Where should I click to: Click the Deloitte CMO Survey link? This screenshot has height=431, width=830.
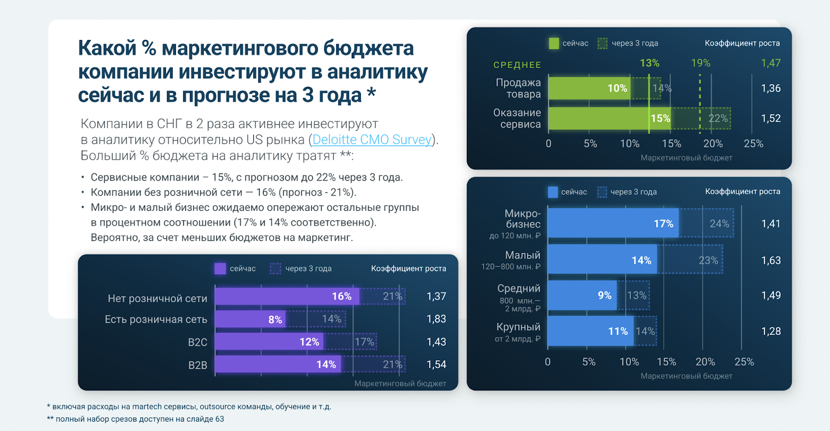pyautogui.click(x=372, y=140)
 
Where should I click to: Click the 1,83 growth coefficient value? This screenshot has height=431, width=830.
pyautogui.click(x=436, y=319)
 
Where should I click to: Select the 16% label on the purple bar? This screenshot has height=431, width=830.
pyautogui.click(x=341, y=297)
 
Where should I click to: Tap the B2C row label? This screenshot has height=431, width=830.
pyautogui.click(x=197, y=342)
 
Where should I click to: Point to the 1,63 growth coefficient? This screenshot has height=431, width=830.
pyautogui.click(x=771, y=260)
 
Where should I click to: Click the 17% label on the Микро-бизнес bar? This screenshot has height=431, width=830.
pyautogui.click(x=663, y=224)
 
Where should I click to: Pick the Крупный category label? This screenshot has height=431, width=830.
pyautogui.click(x=518, y=327)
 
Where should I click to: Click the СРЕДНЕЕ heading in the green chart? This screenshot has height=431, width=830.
pyautogui.click(x=517, y=65)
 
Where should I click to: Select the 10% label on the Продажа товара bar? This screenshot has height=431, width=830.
pyautogui.click(x=617, y=88)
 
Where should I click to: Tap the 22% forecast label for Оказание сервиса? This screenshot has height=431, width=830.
pyautogui.click(x=718, y=118)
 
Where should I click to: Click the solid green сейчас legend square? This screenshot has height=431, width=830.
pyautogui.click(x=554, y=43)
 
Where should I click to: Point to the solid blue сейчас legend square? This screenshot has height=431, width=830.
pyautogui.click(x=552, y=192)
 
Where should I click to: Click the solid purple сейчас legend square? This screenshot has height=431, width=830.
pyautogui.click(x=220, y=268)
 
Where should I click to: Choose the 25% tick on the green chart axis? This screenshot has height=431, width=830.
pyautogui.click(x=753, y=144)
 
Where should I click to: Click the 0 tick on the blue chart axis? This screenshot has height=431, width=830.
pyautogui.click(x=548, y=362)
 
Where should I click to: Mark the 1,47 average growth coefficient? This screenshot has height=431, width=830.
pyautogui.click(x=770, y=63)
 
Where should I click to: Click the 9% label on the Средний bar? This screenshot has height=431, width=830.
pyautogui.click(x=604, y=295)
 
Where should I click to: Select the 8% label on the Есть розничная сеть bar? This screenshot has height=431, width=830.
pyautogui.click(x=275, y=320)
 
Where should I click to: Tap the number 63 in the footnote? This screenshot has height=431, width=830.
pyautogui.click(x=219, y=419)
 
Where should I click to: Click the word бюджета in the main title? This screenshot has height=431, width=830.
pyautogui.click(x=368, y=48)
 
